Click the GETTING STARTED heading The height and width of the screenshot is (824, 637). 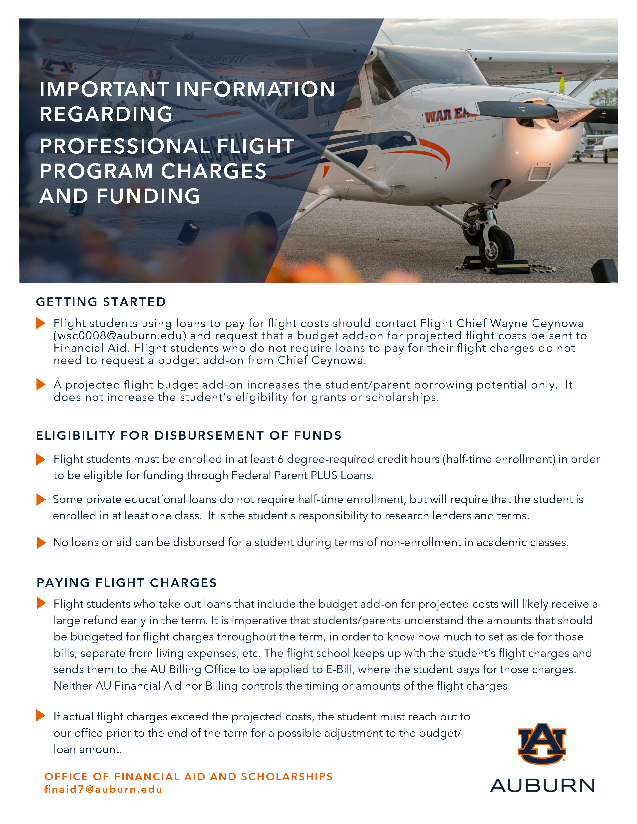101,302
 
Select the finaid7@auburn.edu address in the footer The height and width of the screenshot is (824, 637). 103,789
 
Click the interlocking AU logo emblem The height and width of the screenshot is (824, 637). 542,744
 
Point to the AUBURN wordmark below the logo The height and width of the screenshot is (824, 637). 542,786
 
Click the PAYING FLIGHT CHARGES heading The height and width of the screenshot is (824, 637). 127,583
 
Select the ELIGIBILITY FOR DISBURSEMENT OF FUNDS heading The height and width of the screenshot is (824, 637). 189,435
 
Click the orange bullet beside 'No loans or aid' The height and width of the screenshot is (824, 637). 41,543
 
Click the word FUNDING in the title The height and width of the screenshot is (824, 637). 148,196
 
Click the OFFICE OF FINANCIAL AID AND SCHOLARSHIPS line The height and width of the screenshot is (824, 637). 189,777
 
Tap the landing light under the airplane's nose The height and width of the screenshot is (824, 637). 540,173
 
